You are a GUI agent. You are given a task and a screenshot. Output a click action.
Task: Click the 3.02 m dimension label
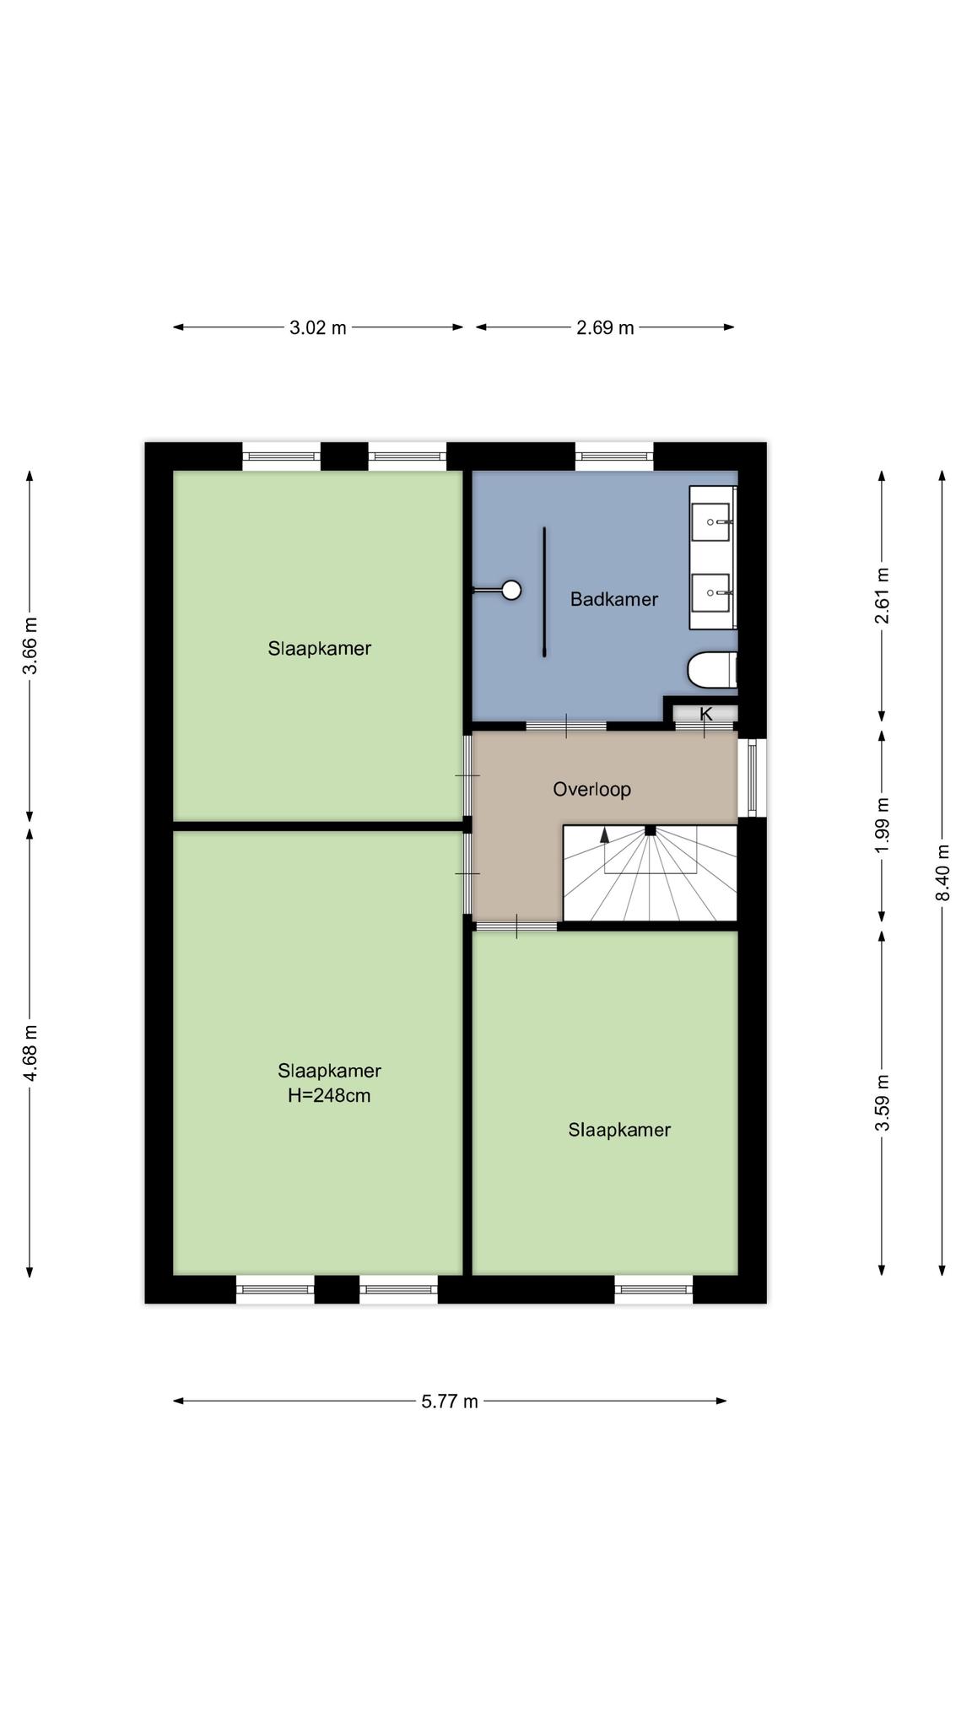pos(318,327)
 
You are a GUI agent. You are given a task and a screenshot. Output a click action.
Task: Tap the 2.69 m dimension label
pos(605,327)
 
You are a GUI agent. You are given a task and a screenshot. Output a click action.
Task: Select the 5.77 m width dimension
pos(450,1401)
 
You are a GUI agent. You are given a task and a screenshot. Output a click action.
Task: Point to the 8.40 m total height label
pos(943,872)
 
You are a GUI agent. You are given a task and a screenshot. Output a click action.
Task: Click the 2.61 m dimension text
pos(883,596)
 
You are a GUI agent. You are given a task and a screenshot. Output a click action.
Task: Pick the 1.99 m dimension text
pos(883,825)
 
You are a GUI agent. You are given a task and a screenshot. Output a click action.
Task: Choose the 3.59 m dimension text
pos(883,1103)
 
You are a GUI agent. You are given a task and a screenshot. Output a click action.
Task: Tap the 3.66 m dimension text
pos(30,645)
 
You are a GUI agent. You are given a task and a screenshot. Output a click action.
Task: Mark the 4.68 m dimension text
pos(30,1052)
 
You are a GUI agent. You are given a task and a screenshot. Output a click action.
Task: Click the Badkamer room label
pos(614,599)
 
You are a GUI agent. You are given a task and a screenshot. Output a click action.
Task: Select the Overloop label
pos(592,789)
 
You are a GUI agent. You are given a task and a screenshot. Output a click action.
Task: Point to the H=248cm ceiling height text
pos(329,1096)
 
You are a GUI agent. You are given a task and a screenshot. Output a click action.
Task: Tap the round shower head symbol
pos(511,590)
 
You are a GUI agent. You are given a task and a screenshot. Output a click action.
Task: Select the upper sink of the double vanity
pos(711,522)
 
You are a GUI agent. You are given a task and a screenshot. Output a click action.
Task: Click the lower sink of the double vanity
pos(711,592)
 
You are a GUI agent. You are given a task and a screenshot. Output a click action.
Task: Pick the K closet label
pos(706,714)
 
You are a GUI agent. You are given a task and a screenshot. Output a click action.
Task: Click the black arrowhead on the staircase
pos(604,835)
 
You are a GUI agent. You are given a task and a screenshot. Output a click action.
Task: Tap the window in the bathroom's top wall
pos(614,456)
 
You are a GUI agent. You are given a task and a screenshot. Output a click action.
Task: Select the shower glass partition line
pos(545,592)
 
